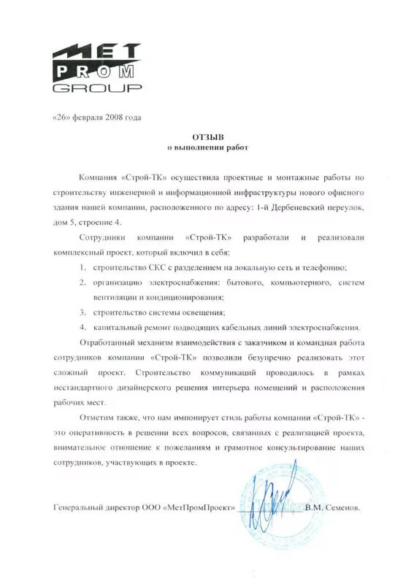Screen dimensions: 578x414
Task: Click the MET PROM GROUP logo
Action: pyautogui.click(x=97, y=69)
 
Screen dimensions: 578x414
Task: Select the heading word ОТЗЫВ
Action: pyautogui.click(x=210, y=136)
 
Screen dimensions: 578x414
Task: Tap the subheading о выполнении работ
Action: pyautogui.click(x=210, y=148)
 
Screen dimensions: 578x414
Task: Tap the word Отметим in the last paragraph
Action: pyautogui.click(x=101, y=419)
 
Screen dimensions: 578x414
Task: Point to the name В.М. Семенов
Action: pyautogui.click(x=333, y=507)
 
